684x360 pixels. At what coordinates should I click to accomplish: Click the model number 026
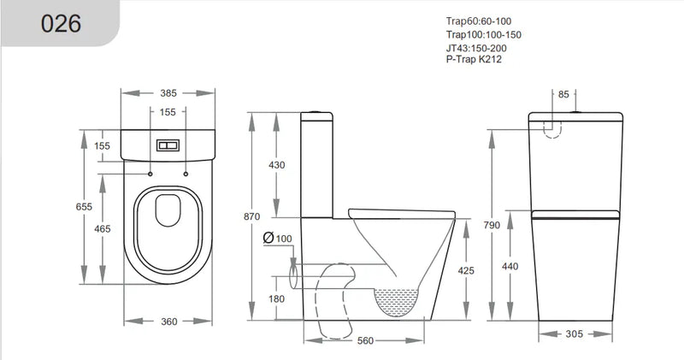point(61,23)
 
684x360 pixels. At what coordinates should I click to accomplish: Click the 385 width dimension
point(168,91)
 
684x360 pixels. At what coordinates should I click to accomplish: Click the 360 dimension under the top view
point(168,322)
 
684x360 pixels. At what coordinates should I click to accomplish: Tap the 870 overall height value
point(251,216)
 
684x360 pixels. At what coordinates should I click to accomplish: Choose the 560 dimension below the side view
point(365,340)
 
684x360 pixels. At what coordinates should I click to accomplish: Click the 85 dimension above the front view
point(563,94)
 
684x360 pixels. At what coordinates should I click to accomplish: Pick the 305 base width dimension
point(575,333)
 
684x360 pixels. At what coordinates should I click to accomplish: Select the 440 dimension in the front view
point(510,266)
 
